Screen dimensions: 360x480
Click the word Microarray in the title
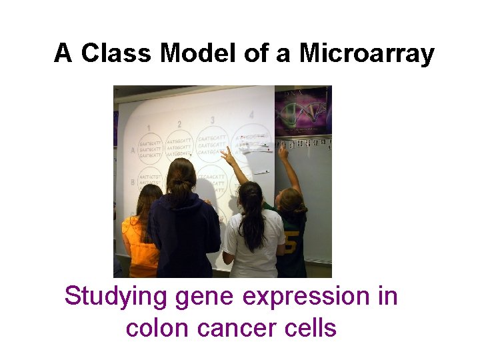[x=367, y=53]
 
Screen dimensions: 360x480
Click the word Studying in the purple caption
[x=116, y=297]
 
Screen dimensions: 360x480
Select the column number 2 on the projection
[x=179, y=124]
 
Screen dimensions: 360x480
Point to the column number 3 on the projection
[x=213, y=121]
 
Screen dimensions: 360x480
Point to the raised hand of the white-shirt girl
[x=227, y=155]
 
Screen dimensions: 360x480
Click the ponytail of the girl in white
[x=252, y=220]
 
